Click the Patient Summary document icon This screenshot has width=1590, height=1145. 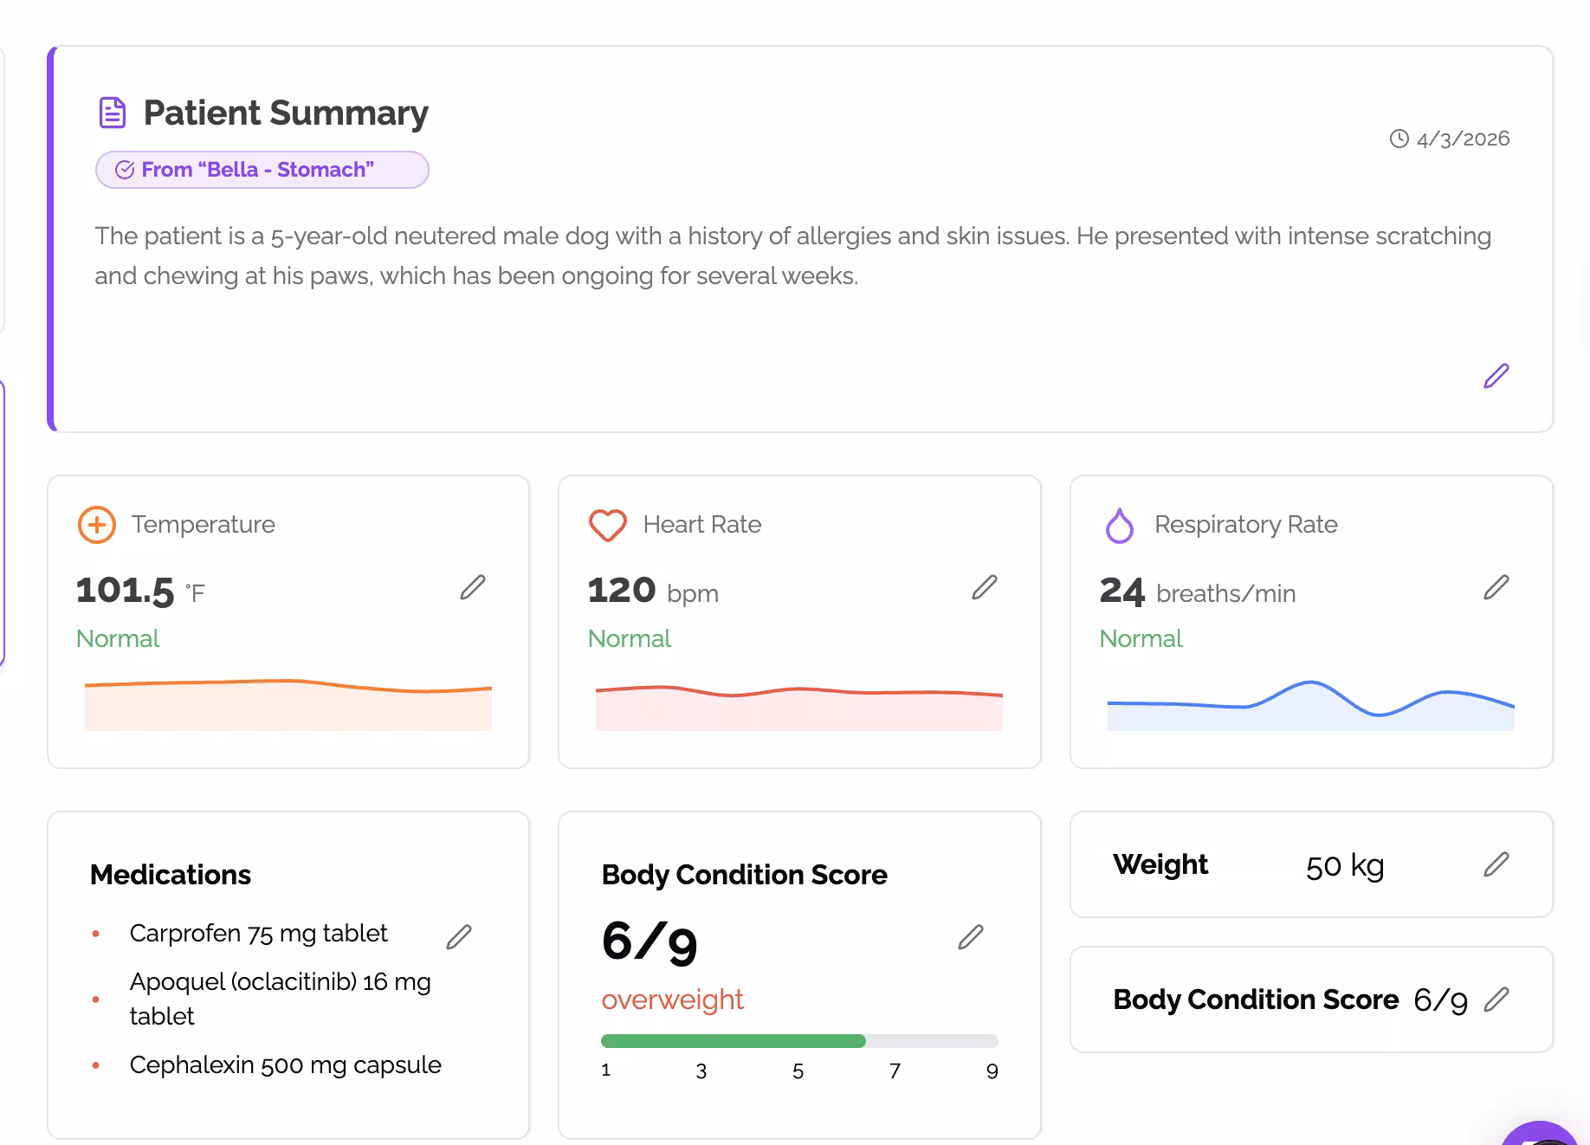click(113, 113)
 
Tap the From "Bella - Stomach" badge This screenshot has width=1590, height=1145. click(262, 170)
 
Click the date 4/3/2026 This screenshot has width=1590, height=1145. click(1462, 139)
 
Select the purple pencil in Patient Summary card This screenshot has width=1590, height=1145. click(1496, 376)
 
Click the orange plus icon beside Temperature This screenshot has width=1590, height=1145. click(97, 525)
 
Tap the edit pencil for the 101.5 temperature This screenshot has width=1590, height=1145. click(473, 587)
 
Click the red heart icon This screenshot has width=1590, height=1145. click(607, 525)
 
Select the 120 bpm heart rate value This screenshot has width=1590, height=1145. click(652, 592)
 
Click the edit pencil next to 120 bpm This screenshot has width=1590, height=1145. click(985, 587)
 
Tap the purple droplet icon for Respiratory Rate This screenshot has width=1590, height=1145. click(1119, 525)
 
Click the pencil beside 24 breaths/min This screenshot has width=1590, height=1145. click(1496, 587)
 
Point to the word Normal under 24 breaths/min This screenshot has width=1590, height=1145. click(1141, 639)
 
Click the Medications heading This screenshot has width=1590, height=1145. click(171, 875)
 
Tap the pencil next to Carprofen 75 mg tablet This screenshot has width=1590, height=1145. click(459, 936)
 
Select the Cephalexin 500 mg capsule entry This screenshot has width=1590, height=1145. click(285, 1065)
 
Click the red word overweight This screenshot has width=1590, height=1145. click(672, 999)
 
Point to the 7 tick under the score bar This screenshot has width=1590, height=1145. click(895, 1071)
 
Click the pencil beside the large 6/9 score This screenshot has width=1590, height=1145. click(971, 937)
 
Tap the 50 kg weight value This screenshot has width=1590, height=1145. click(1344, 865)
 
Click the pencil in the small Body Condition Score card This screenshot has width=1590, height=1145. click(1496, 999)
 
